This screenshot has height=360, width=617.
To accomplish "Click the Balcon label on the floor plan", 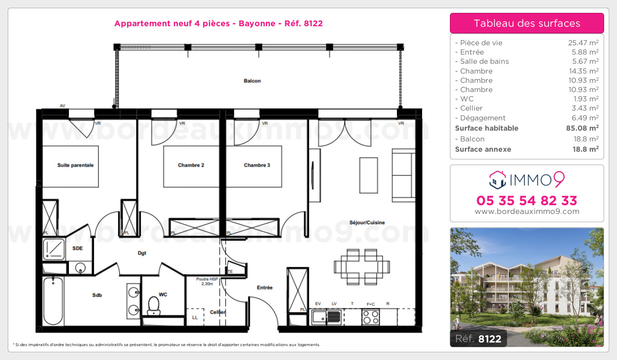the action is click(252, 81).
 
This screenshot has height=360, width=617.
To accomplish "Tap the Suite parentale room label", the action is click(75, 165).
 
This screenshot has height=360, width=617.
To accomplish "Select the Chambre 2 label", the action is click(191, 165).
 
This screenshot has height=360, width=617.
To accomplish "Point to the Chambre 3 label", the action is click(257, 165).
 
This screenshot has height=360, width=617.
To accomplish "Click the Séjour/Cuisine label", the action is click(367, 223).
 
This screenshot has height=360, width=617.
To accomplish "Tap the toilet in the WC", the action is click(154, 305).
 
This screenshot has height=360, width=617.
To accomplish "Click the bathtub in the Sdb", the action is click(53, 301).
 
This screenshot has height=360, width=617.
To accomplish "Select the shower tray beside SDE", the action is click(54, 249).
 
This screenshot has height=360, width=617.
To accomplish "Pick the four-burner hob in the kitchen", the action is click(371, 317).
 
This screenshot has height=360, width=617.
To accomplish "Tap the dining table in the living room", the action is click(361, 267).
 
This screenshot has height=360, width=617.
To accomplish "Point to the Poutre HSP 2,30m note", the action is click(207, 281).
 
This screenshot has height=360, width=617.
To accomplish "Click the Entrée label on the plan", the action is click(265, 287).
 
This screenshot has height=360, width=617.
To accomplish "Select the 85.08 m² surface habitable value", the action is click(582, 128).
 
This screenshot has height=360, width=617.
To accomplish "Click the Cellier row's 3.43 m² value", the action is click(585, 108).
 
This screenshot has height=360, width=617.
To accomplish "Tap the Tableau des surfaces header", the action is click(527, 24).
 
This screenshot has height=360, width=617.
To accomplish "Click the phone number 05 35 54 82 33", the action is click(527, 201).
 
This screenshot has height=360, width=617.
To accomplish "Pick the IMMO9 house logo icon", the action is click(498, 180).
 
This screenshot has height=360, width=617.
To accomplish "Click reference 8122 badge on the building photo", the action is click(478, 338).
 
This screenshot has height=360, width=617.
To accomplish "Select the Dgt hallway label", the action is click(142, 253).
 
